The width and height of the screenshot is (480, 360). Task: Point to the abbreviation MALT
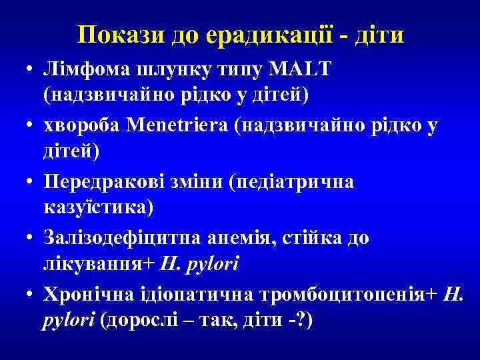coord(303,70)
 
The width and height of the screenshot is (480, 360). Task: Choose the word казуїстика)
coord(98,207)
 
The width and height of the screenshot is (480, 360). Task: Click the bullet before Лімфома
coord(31,71)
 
